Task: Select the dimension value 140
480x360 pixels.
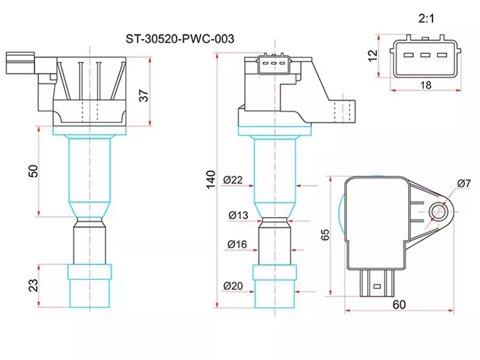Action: (x=211, y=179)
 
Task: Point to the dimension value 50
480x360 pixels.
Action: (x=34, y=170)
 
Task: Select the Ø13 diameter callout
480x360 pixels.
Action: (x=238, y=215)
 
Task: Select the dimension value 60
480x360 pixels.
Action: (x=399, y=305)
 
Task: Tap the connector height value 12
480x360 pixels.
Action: (x=373, y=56)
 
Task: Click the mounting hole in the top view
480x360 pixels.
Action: (x=439, y=211)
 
